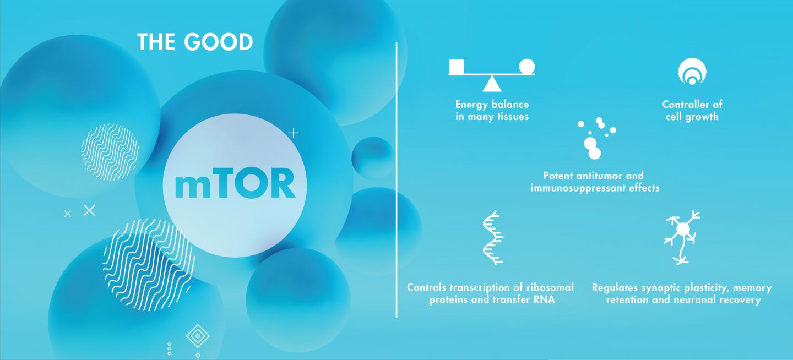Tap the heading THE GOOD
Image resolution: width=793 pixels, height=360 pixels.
click(195, 42)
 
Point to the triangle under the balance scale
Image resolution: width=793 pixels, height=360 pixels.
click(492, 83)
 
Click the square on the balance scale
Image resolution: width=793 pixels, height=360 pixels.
click(457, 66)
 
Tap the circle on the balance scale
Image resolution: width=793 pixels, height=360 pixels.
click(527, 66)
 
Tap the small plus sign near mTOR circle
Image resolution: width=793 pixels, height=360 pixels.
click(294, 133)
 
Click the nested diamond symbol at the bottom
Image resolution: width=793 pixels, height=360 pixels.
click(197, 336)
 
